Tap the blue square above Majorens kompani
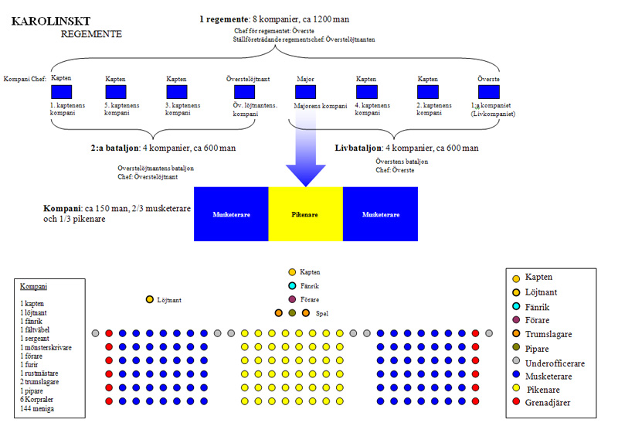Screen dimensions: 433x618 [x=305, y=91]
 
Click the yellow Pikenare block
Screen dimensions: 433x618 [x=305, y=214]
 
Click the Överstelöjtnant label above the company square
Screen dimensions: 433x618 [x=246, y=78]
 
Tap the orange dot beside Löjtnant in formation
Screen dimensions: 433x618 [x=149, y=299]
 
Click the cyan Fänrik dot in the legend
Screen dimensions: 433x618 [x=515, y=308]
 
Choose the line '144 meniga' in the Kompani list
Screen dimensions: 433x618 [x=36, y=407]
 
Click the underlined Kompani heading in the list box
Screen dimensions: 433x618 [x=34, y=287]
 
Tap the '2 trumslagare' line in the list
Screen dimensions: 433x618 [x=43, y=381]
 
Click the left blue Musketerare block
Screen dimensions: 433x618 [x=231, y=214]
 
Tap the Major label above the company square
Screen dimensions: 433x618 [x=305, y=79]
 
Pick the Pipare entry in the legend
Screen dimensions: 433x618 [x=542, y=348]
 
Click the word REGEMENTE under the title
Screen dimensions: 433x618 [x=91, y=34]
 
